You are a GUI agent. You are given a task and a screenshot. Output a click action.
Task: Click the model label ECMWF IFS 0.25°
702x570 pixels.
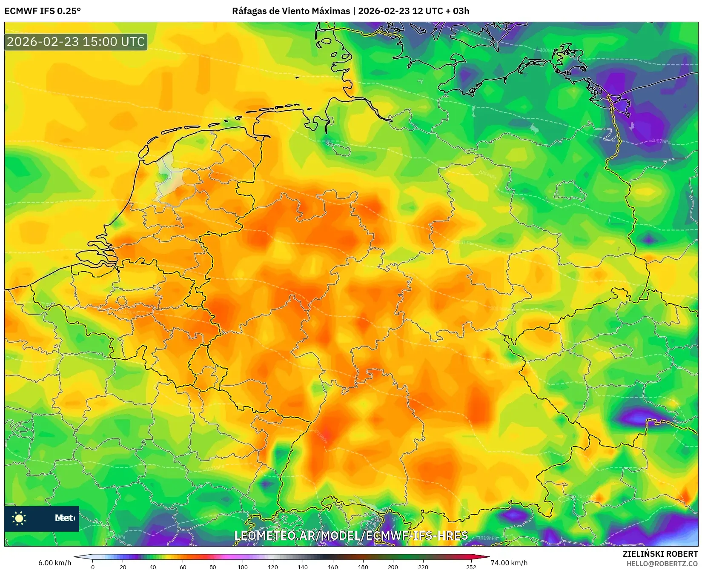click(x=43, y=11)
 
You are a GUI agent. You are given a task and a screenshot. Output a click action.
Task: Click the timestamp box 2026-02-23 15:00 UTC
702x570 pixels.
click(x=76, y=42)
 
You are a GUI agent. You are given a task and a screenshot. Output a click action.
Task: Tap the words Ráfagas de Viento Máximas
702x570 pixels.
click(x=291, y=11)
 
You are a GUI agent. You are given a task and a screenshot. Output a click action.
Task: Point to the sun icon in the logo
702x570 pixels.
click(x=19, y=518)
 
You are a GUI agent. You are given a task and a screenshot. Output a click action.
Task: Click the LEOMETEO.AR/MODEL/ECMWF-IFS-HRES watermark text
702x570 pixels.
click(x=351, y=536)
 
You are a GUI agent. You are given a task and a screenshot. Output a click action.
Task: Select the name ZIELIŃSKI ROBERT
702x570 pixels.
click(x=660, y=554)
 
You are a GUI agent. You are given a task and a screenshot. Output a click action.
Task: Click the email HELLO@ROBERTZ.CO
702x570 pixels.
click(x=662, y=564)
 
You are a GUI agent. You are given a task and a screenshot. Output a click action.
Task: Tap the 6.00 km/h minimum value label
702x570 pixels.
click(x=54, y=563)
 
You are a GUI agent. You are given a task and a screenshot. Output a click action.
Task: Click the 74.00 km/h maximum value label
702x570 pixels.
click(x=509, y=563)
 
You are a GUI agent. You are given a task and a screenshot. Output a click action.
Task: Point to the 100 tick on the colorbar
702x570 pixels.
click(x=243, y=567)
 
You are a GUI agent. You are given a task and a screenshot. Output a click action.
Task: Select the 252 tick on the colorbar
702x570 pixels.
click(x=471, y=567)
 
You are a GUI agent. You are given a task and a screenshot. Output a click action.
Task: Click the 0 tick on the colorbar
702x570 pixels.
click(x=93, y=567)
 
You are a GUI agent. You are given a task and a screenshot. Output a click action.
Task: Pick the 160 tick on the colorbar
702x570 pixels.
click(x=333, y=567)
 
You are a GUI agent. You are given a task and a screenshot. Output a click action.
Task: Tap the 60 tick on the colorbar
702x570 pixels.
click(x=183, y=567)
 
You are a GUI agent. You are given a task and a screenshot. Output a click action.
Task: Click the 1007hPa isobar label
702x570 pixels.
click(x=660, y=141)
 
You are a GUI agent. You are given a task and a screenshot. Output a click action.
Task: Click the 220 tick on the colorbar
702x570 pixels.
click(x=423, y=567)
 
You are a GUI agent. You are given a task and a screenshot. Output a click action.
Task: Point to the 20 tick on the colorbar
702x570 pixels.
click(x=123, y=567)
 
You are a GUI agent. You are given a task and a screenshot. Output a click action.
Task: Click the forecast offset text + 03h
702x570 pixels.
click(x=456, y=11)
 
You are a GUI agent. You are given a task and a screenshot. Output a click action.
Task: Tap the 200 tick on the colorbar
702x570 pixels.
click(x=393, y=567)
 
